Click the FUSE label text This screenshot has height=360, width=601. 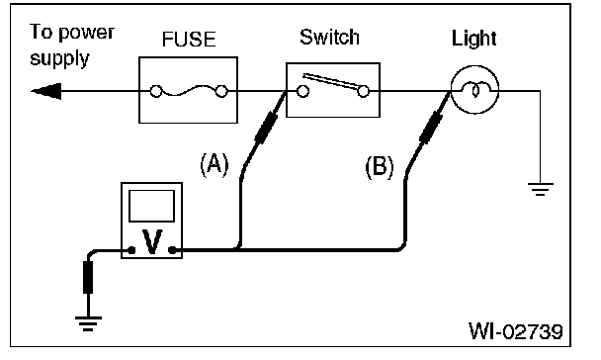[189, 40]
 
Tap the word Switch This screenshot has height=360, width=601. [329, 38]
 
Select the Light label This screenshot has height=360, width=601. [474, 40]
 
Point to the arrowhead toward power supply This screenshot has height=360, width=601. [46, 91]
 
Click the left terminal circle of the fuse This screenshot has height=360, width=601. [156, 91]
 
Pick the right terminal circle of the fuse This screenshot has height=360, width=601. [221, 91]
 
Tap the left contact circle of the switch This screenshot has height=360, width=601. [303, 91]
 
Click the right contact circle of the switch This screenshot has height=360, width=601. [363, 91]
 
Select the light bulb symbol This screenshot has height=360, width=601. [474, 90]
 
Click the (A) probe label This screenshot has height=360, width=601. [215, 165]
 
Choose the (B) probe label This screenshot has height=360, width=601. [380, 167]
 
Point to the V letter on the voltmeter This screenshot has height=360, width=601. [152, 241]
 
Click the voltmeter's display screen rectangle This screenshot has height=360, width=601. [152, 206]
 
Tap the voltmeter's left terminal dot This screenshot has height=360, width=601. [131, 250]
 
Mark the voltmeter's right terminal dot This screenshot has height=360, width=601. [172, 250]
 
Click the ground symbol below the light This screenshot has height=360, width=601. [541, 189]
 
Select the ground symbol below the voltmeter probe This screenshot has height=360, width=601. [88, 323]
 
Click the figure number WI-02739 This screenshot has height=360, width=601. [516, 331]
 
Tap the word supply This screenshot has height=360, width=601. [59, 59]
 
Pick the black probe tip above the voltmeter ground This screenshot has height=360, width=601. [88, 277]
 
